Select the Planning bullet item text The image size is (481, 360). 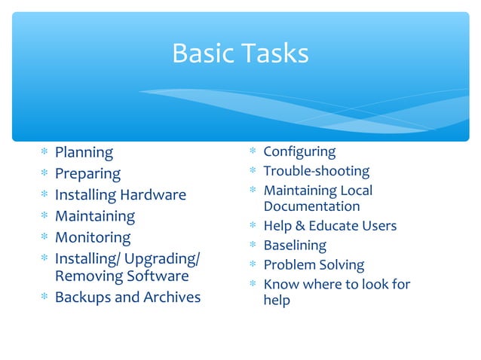(x=84, y=153)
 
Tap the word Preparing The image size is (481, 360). (x=87, y=174)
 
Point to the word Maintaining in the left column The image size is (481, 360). (x=95, y=216)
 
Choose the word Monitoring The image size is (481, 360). (x=93, y=237)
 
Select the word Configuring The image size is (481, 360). (x=299, y=152)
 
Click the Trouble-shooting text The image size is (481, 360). (x=316, y=172)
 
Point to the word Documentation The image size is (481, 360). (x=311, y=206)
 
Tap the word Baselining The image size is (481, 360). (x=295, y=246)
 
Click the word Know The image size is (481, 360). (x=280, y=285)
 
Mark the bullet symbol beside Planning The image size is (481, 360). (x=44, y=154)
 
